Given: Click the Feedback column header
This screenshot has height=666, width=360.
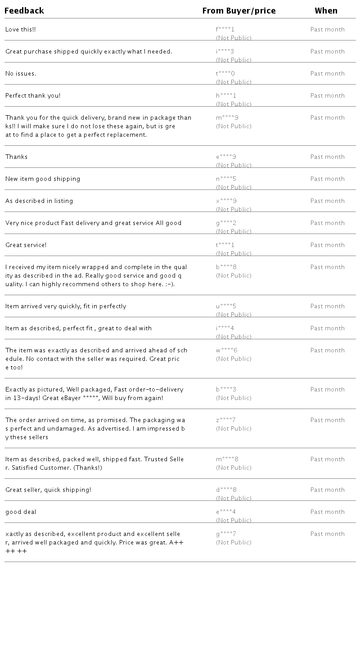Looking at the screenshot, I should point(24,10).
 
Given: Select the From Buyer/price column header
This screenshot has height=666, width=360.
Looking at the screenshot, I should point(238,10).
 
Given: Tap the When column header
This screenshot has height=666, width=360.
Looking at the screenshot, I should point(326,10).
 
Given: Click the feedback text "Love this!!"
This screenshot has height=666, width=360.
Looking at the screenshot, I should point(21,30).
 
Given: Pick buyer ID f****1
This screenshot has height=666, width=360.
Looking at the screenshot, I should point(225,30).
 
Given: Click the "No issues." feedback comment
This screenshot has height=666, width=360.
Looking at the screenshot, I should point(21,74).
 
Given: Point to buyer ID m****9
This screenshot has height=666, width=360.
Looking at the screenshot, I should point(227,118).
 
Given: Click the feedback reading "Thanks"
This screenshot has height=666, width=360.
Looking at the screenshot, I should point(17,157).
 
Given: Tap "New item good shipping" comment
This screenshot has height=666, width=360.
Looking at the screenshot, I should point(43,179).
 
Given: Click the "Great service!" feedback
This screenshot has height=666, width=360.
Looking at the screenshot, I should point(26,245).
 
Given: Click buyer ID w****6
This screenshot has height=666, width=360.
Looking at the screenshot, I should point(226,351).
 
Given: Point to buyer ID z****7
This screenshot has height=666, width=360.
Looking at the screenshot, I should point(225,420).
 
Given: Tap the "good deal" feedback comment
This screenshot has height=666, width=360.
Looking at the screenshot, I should point(21,512).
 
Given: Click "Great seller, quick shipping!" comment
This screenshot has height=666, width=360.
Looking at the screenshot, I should point(48,490).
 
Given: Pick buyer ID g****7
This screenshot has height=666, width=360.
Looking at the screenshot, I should point(226,534).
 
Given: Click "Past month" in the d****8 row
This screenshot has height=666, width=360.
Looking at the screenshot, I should point(327,490).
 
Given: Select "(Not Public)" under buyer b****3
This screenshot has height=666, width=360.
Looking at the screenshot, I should point(234,398).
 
